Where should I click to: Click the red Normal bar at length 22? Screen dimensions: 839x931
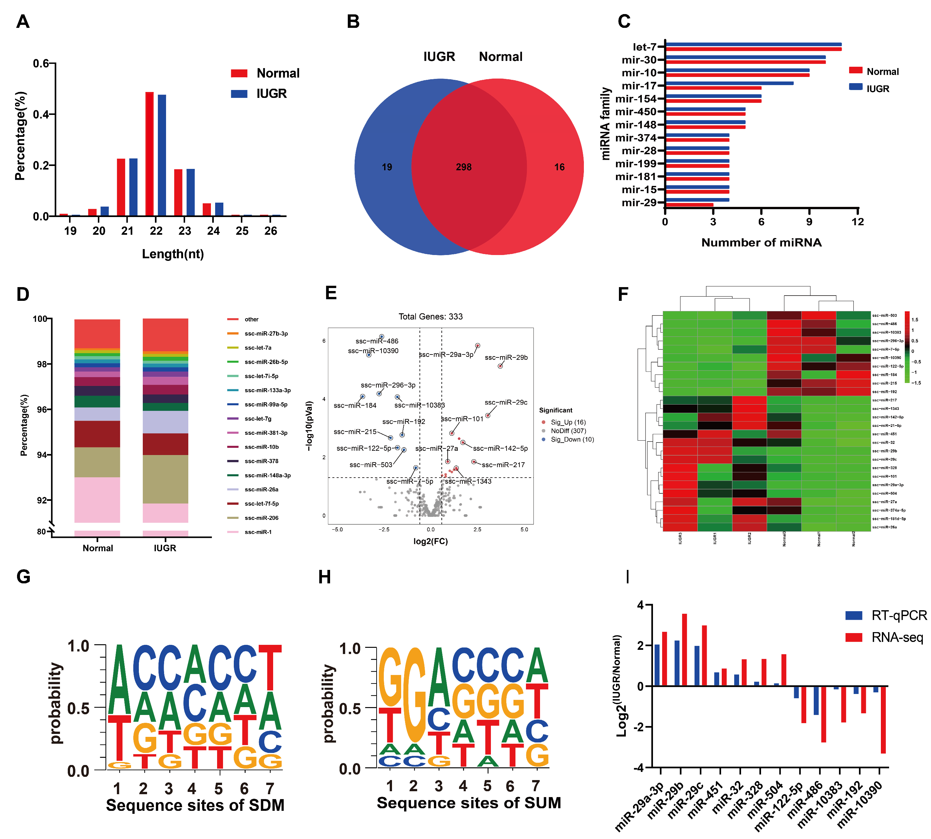(x=149, y=154)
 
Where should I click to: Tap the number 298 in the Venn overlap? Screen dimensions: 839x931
(x=463, y=167)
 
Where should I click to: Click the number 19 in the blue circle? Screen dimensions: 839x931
(x=387, y=167)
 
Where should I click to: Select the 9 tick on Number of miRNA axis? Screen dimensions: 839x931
(x=809, y=222)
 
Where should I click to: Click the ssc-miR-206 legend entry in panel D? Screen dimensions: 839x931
(x=261, y=518)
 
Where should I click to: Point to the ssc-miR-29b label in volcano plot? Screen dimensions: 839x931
(x=506, y=357)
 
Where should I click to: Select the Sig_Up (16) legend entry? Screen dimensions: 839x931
(x=568, y=422)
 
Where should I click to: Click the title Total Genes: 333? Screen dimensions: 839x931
(x=430, y=316)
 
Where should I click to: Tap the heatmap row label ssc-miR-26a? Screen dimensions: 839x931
(x=884, y=527)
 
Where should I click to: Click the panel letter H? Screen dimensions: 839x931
(x=325, y=577)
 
